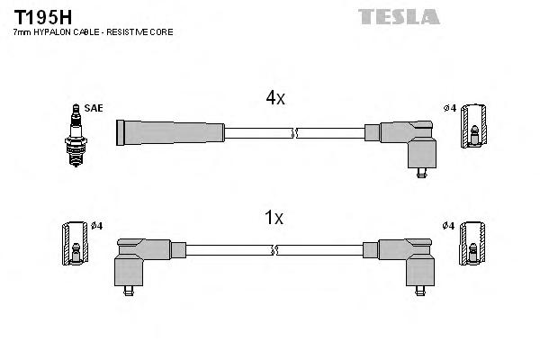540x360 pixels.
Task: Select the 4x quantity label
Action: point(274,99)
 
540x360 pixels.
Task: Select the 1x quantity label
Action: point(274,217)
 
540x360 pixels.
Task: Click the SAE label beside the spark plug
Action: point(94,108)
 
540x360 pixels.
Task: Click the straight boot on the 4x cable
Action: point(171,132)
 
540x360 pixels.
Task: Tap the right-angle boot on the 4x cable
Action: point(409,142)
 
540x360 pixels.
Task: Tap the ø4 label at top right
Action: point(449,109)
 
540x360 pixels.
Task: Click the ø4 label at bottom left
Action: point(96,225)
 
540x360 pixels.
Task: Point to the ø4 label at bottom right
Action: point(449,225)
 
